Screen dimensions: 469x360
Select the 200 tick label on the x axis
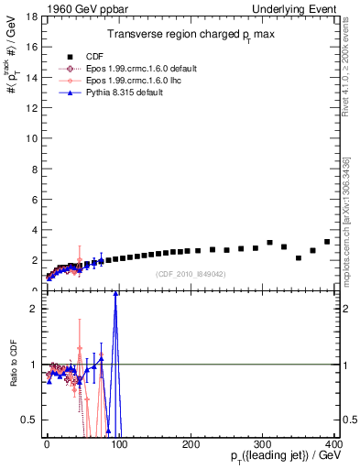(x=191, y=443)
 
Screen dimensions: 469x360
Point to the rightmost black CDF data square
(x=327, y=242)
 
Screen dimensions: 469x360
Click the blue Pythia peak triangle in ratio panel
(x=115, y=294)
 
